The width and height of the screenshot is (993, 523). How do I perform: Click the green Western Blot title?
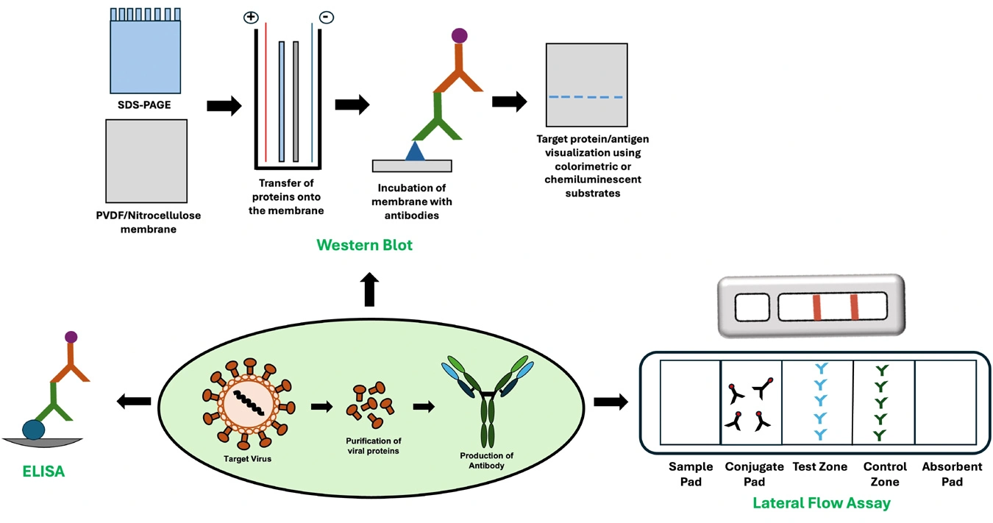tap(364, 245)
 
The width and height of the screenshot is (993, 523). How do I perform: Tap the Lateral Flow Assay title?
tap(821, 503)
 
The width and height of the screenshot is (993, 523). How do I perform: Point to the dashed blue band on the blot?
tap(586, 97)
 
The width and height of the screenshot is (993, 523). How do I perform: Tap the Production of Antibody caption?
tap(486, 460)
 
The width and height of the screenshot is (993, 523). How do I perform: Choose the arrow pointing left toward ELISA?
tap(134, 401)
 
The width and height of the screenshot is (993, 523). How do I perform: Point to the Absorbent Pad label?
tap(952, 474)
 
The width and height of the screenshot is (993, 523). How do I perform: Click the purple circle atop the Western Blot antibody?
tap(459, 35)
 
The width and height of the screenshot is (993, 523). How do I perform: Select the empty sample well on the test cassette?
tap(752, 306)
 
